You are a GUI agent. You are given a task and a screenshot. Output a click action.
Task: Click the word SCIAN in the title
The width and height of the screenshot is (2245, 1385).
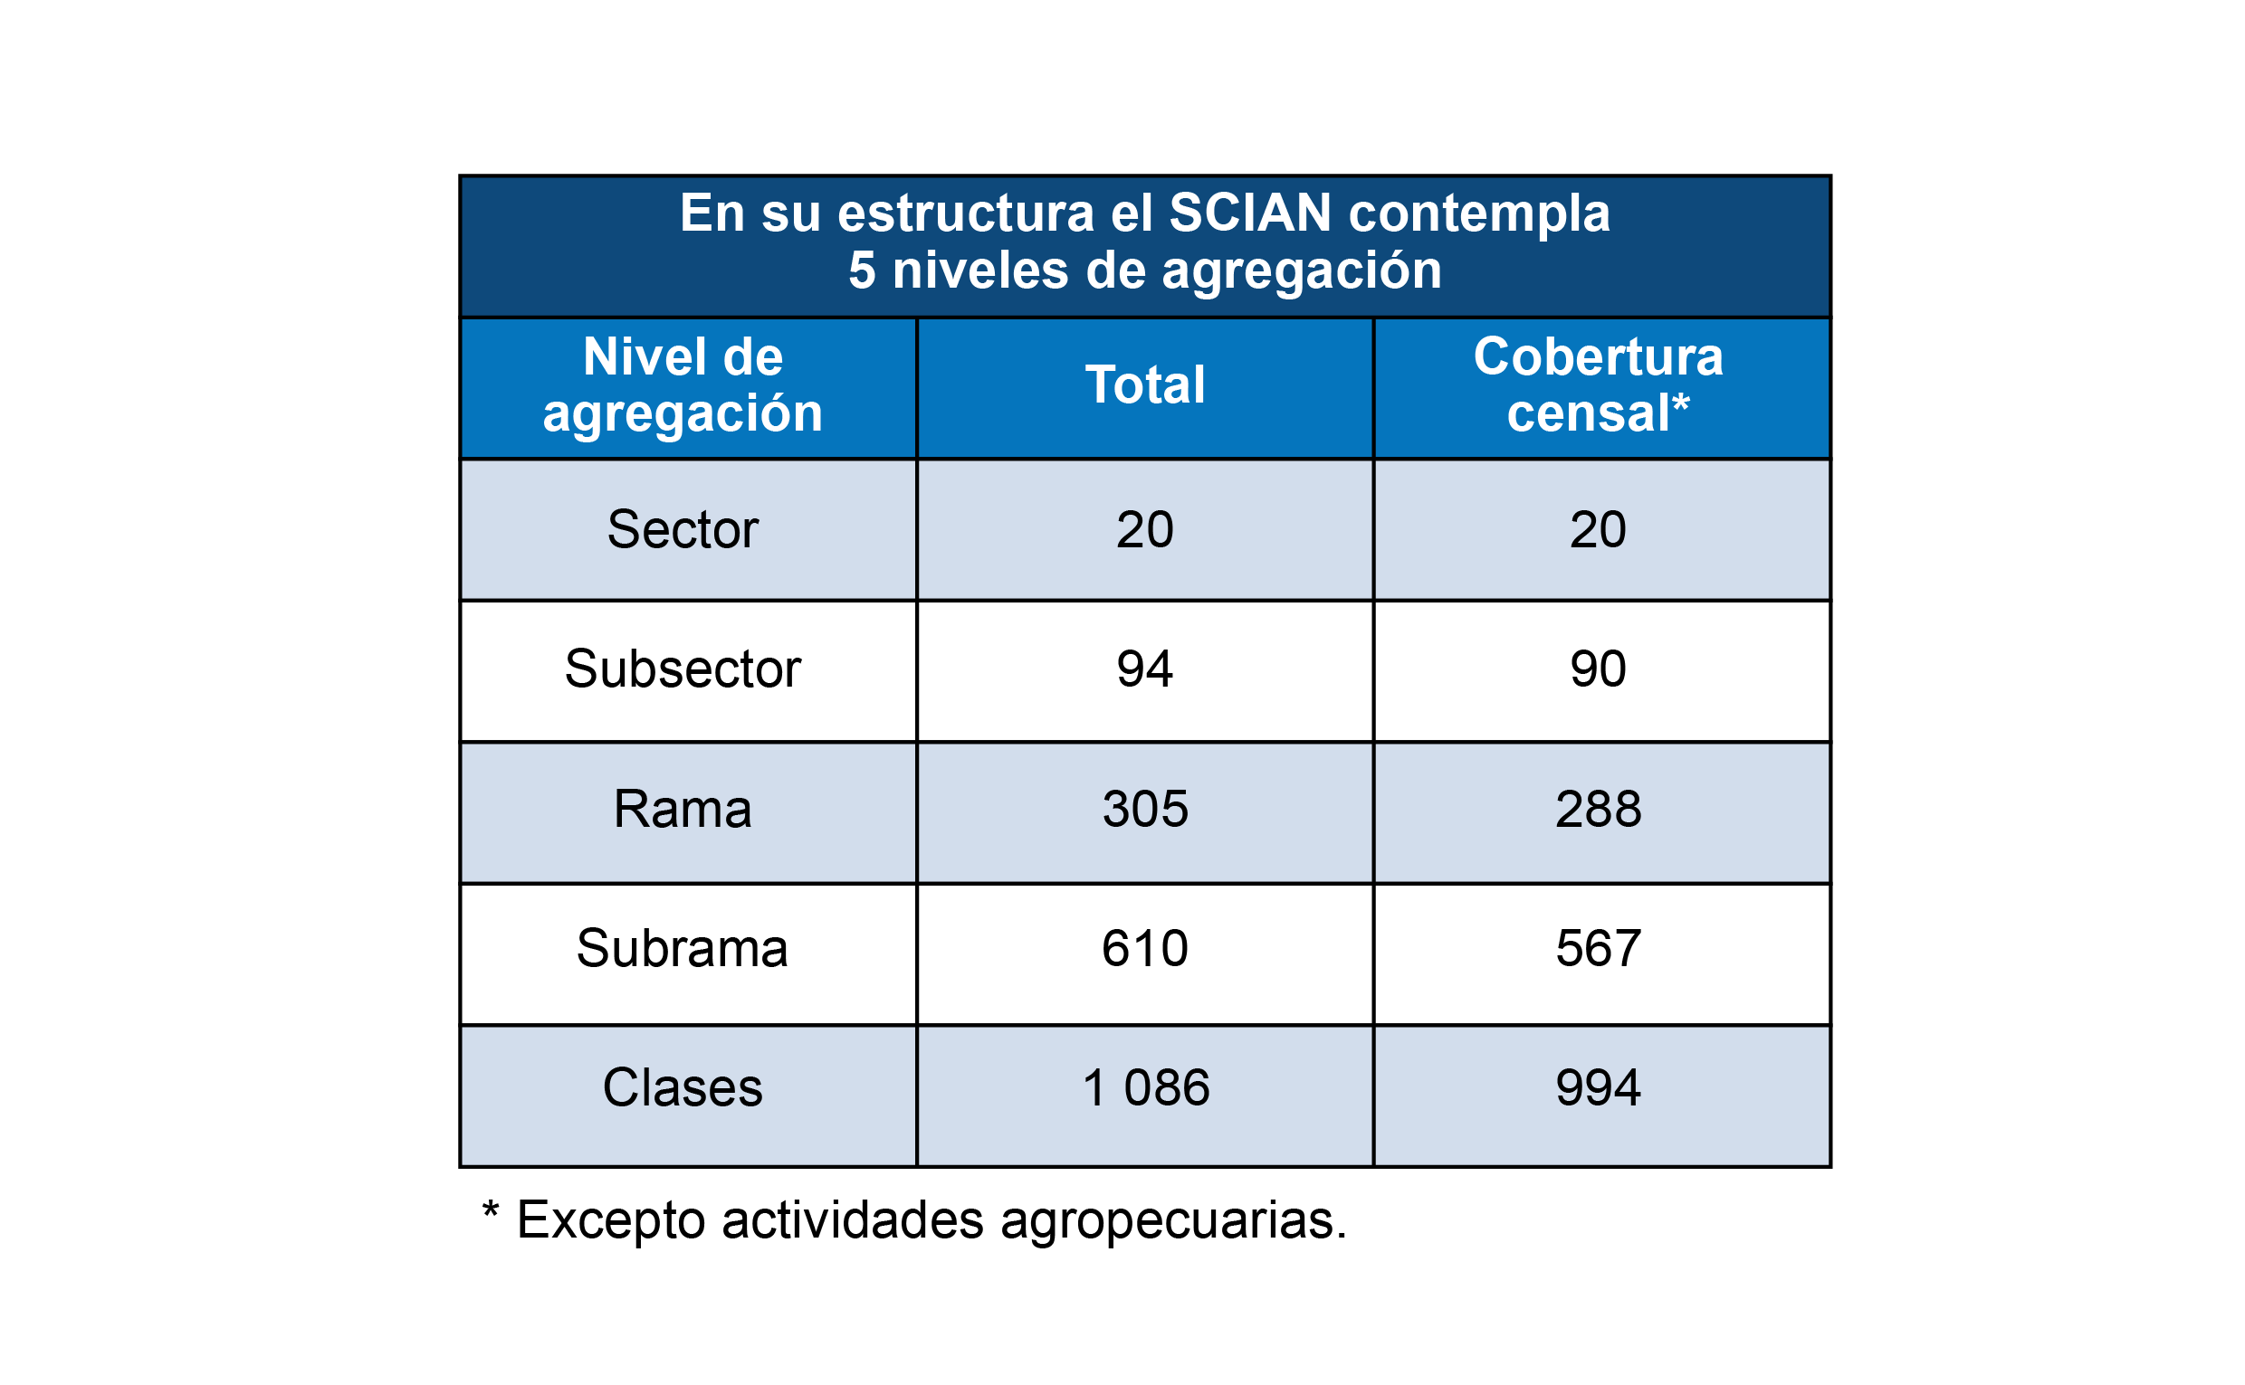(1249, 213)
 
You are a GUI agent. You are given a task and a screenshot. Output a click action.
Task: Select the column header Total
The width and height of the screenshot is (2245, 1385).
(1144, 384)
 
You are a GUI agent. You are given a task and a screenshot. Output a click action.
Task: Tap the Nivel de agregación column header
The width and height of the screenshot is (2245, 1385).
(683, 384)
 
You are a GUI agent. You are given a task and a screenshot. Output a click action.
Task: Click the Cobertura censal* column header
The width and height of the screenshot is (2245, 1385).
(1598, 384)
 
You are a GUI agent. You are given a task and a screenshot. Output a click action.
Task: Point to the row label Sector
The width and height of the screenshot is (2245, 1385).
(683, 529)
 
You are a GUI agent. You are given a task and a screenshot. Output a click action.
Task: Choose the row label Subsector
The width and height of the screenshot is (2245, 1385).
(683, 669)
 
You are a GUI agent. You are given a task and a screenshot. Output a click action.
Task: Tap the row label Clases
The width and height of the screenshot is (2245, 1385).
(683, 1088)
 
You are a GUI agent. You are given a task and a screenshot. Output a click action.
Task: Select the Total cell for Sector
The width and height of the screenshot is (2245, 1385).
(1144, 529)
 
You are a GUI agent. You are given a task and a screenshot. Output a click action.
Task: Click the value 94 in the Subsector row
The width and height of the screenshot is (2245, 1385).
(1144, 669)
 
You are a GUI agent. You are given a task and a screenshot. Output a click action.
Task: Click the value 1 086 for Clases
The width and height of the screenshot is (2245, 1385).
(1145, 1088)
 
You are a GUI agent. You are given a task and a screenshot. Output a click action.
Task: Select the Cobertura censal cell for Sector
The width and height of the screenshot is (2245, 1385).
(1598, 529)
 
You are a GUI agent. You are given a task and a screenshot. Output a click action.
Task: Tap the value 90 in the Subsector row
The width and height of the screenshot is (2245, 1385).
(1598, 669)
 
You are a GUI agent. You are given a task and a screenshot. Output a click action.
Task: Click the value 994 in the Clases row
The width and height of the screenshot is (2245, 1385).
(1598, 1088)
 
